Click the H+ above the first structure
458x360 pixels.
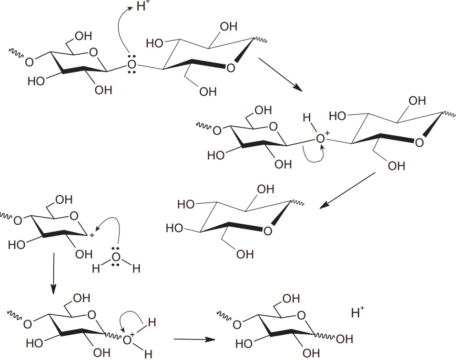click(143, 7)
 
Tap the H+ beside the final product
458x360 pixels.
click(358, 313)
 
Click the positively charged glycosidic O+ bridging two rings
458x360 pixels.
click(321, 139)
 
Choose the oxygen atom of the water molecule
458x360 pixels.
click(117, 257)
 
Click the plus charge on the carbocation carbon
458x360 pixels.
click(91, 235)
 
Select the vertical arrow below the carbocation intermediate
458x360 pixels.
click(53, 274)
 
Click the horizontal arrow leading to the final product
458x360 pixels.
click(195, 339)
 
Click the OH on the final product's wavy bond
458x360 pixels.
click(343, 339)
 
